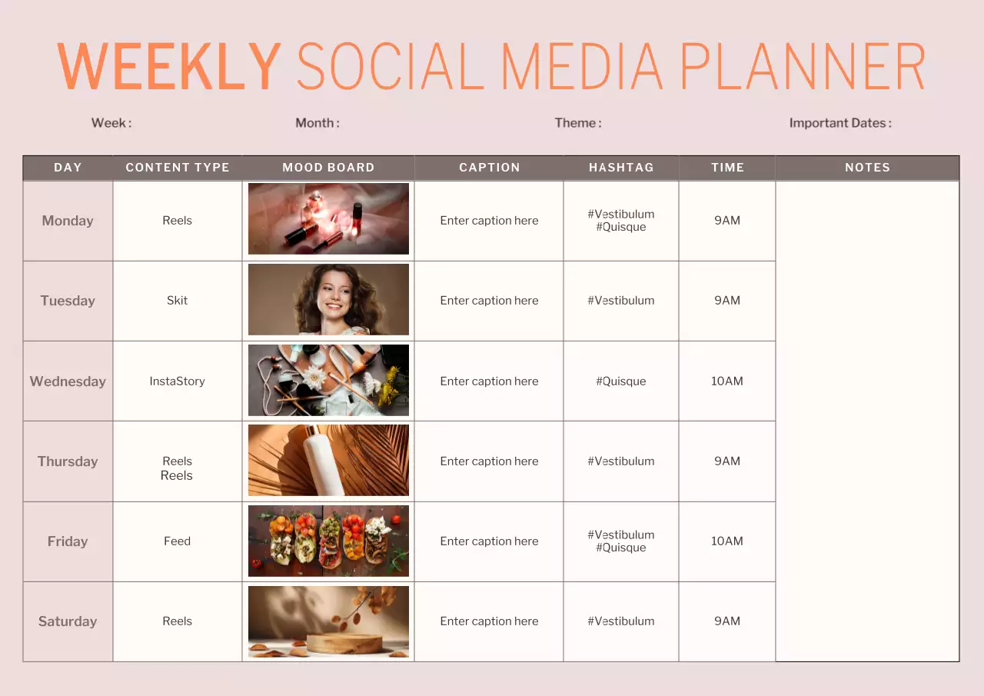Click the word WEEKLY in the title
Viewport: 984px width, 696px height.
(169, 67)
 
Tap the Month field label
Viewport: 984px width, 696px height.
(317, 123)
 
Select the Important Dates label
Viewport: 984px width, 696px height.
(839, 123)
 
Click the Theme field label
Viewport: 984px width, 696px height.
(577, 123)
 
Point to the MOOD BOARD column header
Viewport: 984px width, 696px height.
(328, 168)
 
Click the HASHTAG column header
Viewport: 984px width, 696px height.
(621, 168)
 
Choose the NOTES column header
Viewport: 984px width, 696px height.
(867, 168)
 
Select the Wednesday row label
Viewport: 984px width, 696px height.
(68, 381)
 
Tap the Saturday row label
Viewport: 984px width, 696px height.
(68, 621)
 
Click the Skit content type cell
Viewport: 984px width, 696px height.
(177, 301)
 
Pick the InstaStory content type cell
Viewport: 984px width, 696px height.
(177, 381)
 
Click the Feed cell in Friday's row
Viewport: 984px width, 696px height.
(177, 541)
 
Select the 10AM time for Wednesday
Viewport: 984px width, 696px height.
(726, 381)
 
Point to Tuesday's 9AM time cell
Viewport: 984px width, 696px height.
(726, 301)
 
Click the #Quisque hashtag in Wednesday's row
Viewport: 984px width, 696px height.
(621, 381)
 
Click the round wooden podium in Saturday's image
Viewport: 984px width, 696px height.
(344, 642)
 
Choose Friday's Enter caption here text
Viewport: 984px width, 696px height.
(489, 541)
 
